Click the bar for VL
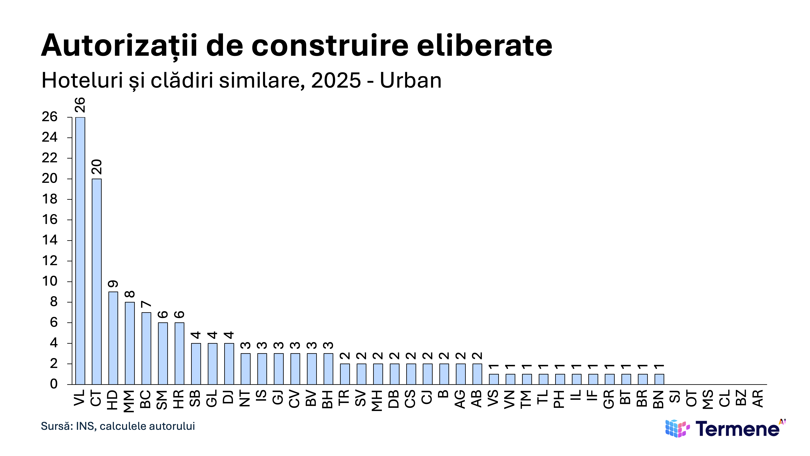80,251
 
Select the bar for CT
97,282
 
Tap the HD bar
113,338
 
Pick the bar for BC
146,348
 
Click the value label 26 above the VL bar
80,105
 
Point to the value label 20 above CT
97,167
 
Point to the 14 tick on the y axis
50,240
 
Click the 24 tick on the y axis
50,137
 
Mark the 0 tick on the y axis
54,384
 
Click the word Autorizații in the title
119,46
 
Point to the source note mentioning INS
118,426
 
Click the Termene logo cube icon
677,428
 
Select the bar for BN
659,379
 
